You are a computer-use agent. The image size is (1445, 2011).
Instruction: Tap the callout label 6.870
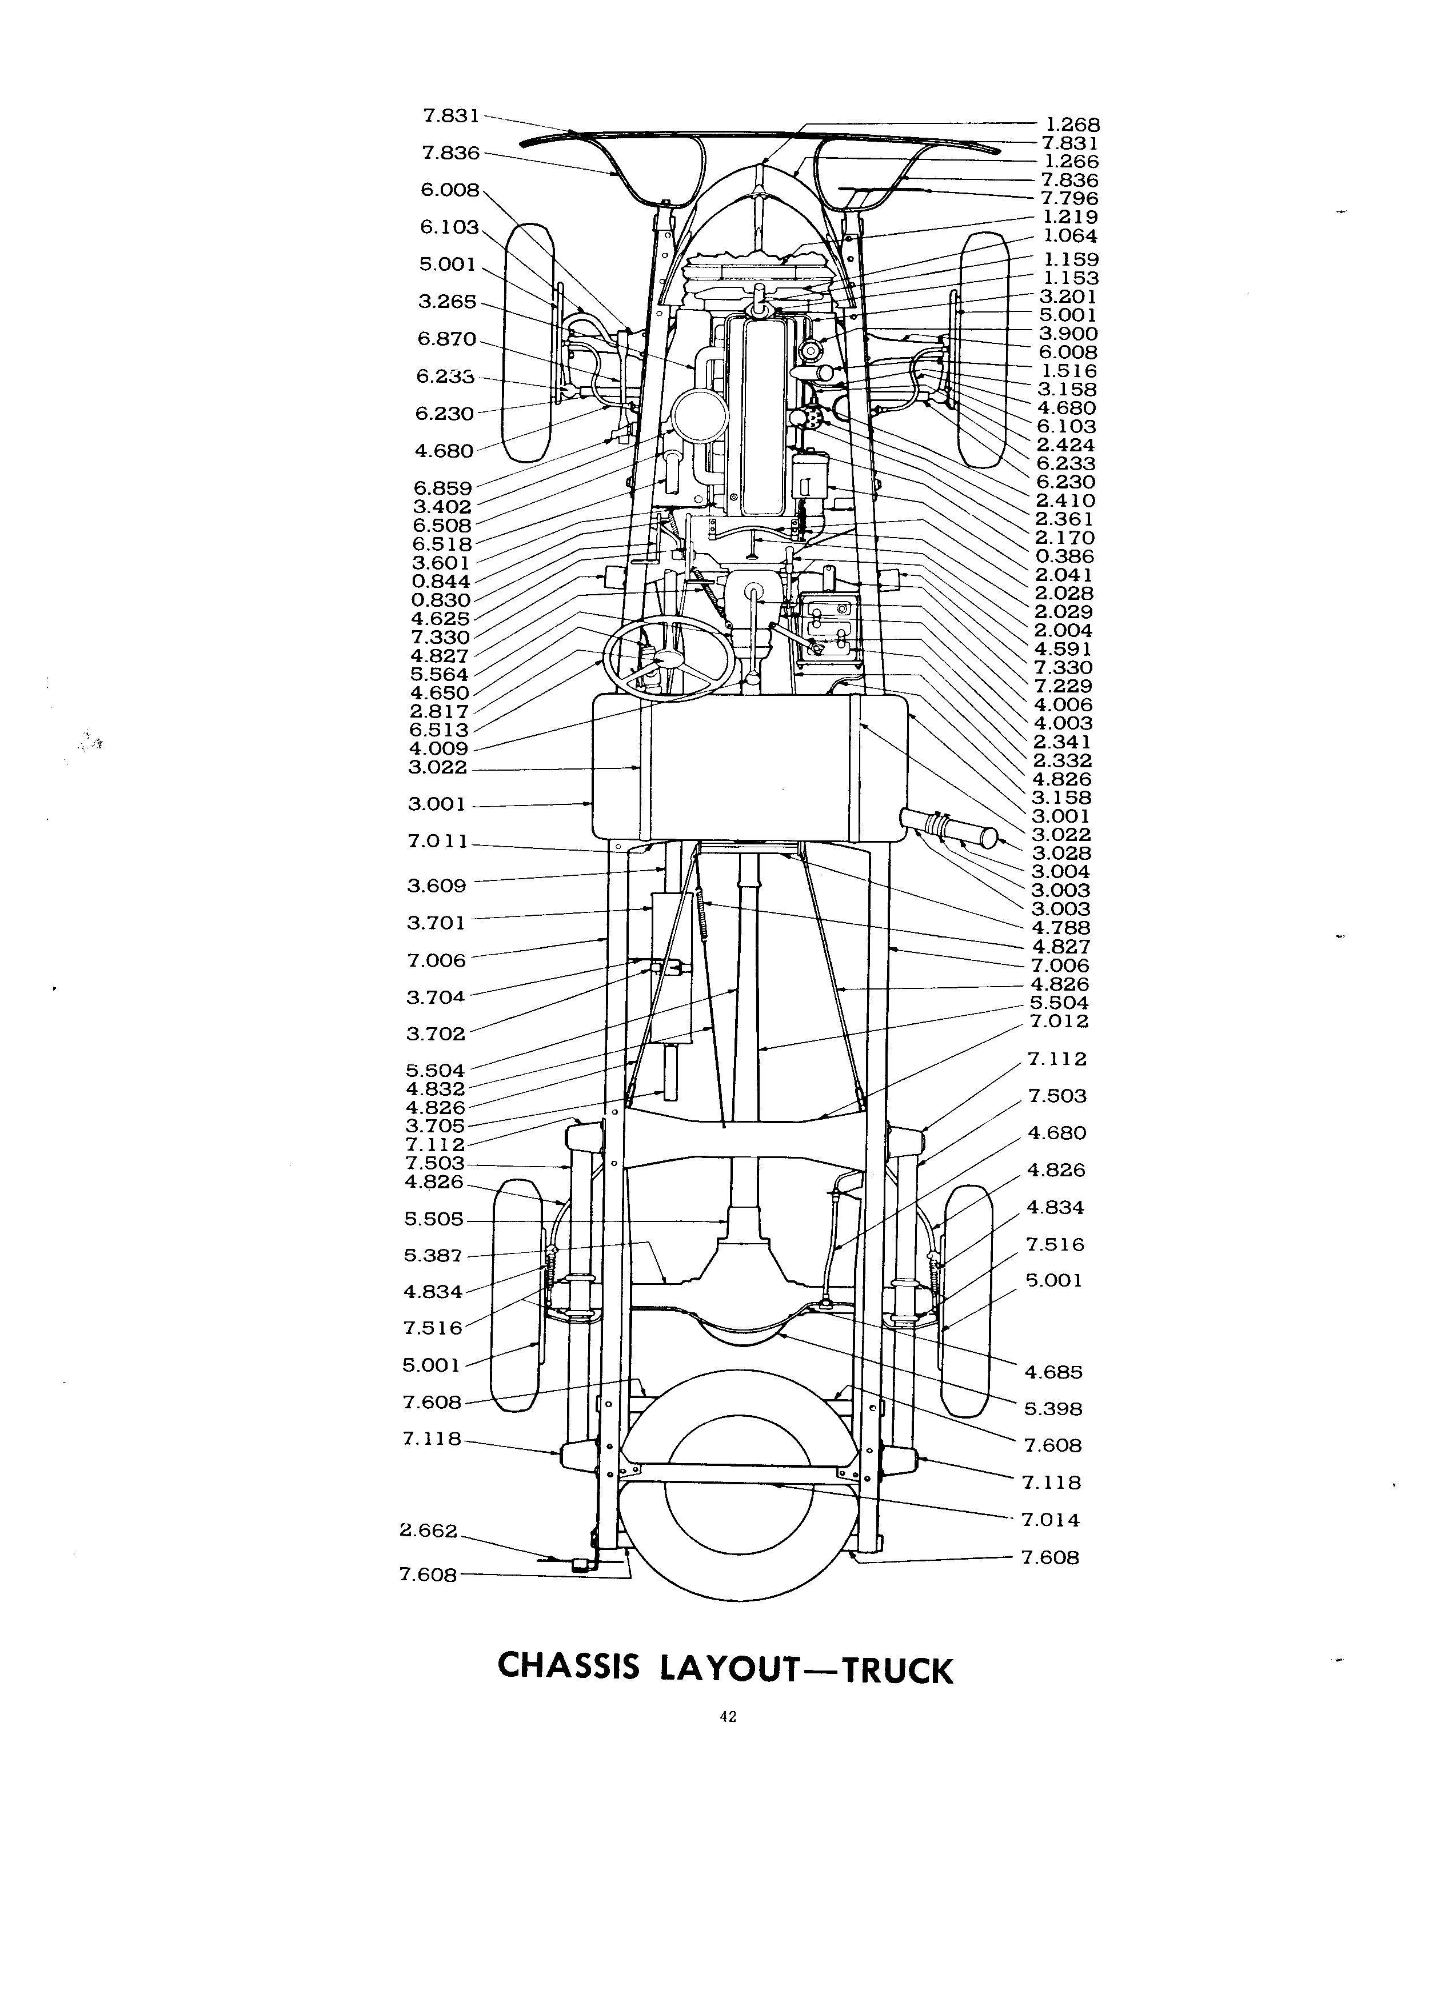click(446, 339)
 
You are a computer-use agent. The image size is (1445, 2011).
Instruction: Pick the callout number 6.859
click(442, 488)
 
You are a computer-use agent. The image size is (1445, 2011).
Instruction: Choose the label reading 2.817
click(439, 711)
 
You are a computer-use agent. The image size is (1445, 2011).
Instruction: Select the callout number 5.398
click(1054, 1409)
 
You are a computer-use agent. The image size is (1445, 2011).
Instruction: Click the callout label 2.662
click(429, 1531)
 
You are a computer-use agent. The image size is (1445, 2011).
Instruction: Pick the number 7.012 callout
click(1060, 1021)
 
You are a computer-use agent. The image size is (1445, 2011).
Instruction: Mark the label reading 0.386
click(1064, 556)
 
